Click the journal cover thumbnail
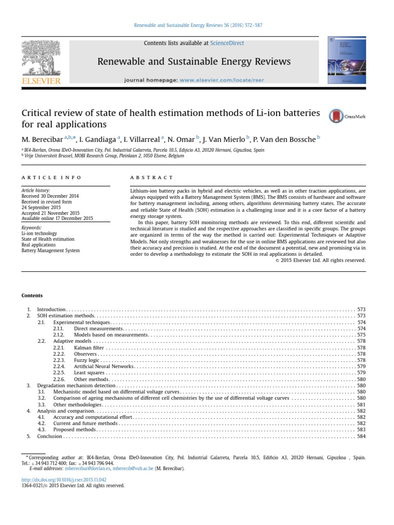click(x=347, y=61)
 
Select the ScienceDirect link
click(x=230, y=44)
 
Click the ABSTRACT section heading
click(x=152, y=177)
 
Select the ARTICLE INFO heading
click(x=51, y=177)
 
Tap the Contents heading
click(x=32, y=295)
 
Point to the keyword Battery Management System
click(x=50, y=251)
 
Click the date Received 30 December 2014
click(x=50, y=196)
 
